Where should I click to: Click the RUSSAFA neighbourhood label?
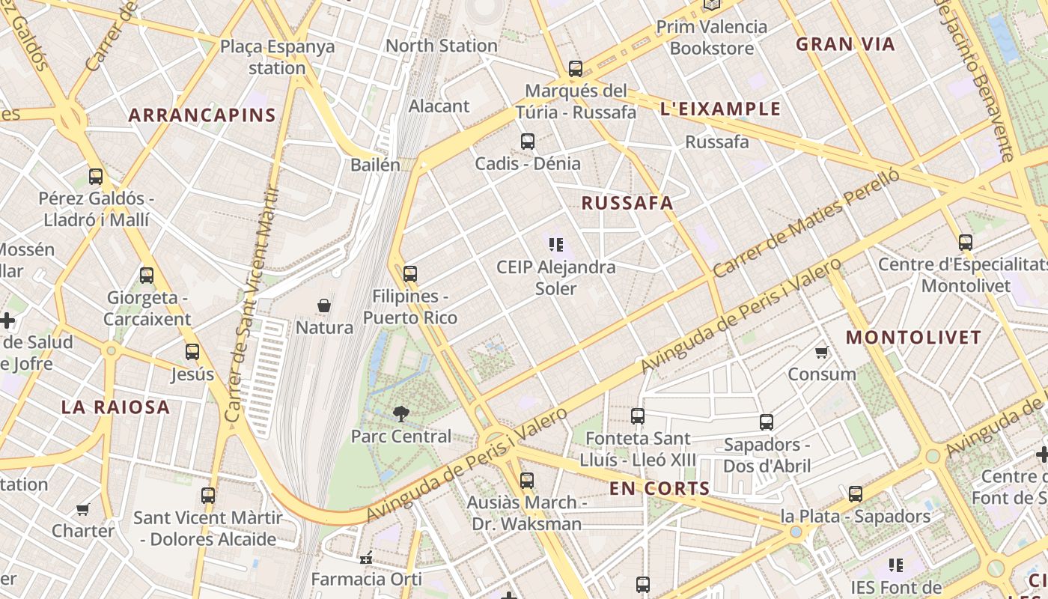tap(627, 203)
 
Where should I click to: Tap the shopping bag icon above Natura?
tap(324, 305)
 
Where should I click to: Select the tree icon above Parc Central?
tap(401, 413)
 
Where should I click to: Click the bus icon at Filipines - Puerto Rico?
tap(409, 274)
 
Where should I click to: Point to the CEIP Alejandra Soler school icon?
tap(555, 244)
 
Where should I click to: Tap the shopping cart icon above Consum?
tap(821, 352)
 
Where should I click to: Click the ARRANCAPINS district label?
tap(202, 115)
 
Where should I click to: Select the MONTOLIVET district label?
tap(913, 338)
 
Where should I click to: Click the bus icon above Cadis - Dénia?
tap(528, 142)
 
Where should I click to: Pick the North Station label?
tap(441, 46)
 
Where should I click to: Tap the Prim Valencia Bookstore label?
tap(711, 37)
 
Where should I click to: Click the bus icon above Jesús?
tap(192, 352)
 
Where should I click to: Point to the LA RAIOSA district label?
tap(115, 407)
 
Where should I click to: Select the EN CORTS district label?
tap(659, 489)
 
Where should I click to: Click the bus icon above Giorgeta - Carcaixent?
tap(147, 276)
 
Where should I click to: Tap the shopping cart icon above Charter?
tap(82, 509)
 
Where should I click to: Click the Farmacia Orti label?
tap(366, 579)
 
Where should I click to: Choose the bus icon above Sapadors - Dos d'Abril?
tap(766, 422)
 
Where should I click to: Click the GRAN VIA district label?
tap(845, 44)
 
